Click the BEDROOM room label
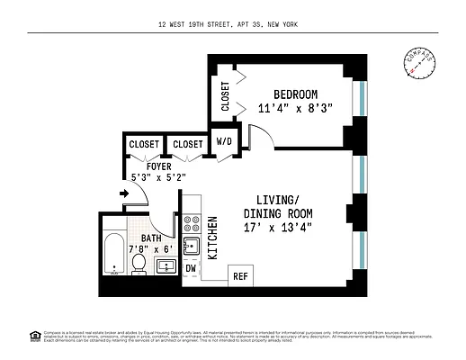coord(296,94)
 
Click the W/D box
coord(222,142)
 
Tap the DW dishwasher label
coord(190,268)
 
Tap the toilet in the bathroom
coord(139,264)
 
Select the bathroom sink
coord(165,266)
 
